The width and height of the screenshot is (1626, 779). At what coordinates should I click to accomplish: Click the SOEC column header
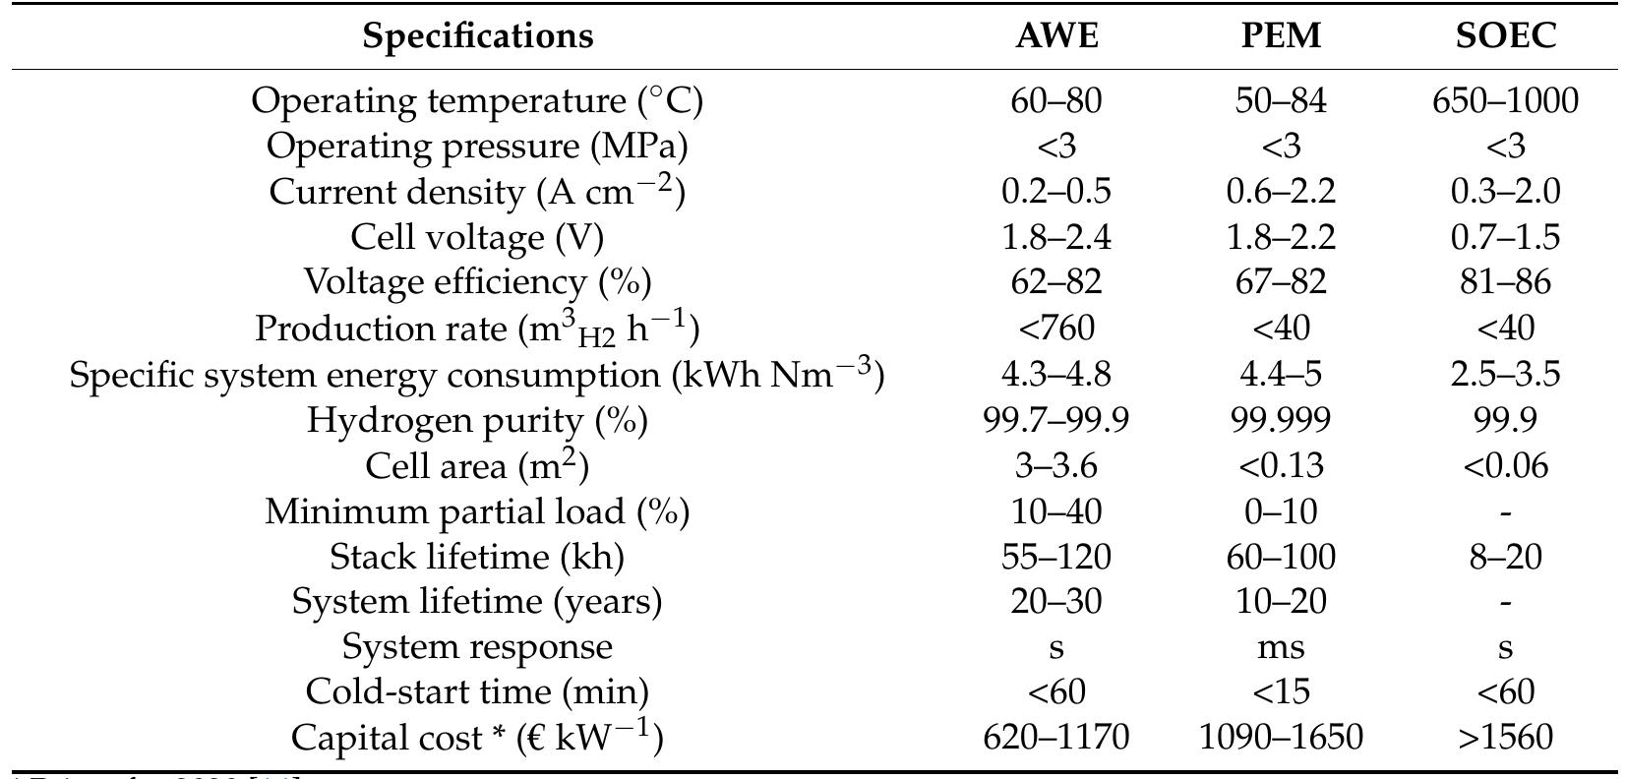tap(1505, 36)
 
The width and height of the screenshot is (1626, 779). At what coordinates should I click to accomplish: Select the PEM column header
tap(1281, 36)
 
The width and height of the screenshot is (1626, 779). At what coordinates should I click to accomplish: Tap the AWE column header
tap(1056, 36)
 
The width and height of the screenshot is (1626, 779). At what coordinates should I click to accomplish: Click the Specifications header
tap(478, 36)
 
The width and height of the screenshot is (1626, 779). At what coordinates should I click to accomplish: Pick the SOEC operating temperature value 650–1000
tap(1505, 100)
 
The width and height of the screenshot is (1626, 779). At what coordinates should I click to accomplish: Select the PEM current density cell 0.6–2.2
tap(1281, 192)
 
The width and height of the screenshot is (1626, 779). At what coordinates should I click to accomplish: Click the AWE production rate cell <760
tap(1056, 329)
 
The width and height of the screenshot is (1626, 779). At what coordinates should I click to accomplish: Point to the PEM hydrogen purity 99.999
tap(1281, 420)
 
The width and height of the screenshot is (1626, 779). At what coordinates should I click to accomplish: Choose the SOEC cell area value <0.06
tap(1505, 465)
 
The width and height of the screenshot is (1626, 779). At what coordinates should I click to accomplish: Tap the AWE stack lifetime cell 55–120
tap(1056, 557)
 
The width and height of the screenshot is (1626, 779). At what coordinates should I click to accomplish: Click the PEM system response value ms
tap(1281, 647)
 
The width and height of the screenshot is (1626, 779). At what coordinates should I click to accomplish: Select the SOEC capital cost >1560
tap(1505, 737)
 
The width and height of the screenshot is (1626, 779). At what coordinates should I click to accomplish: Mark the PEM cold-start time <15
tap(1281, 692)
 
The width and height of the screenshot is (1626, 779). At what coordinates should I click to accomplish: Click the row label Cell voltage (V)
tap(477, 237)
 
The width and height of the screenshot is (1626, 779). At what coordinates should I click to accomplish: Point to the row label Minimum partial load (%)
tap(477, 511)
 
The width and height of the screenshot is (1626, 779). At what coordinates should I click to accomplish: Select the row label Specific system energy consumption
tap(477, 375)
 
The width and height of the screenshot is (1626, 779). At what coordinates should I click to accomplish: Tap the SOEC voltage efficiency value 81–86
tap(1505, 283)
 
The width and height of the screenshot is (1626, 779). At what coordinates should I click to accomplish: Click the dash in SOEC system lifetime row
tap(1505, 602)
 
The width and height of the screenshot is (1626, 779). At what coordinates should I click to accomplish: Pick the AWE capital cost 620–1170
tap(1056, 737)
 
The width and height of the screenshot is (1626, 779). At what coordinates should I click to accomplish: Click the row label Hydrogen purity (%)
tap(477, 420)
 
